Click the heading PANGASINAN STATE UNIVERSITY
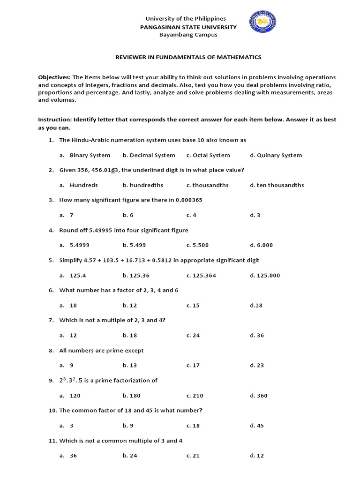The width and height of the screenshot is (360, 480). [185, 27]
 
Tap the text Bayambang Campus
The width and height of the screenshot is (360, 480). [185, 35]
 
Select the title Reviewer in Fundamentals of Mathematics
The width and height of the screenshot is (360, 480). [188, 57]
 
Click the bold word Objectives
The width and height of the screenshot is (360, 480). [54, 77]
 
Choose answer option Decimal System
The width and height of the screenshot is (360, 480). [149, 155]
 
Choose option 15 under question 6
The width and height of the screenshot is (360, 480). [193, 305]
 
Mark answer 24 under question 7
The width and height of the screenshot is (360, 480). [193, 335]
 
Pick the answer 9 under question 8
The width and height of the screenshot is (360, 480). [71, 365]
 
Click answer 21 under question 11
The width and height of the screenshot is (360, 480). [193, 456]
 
